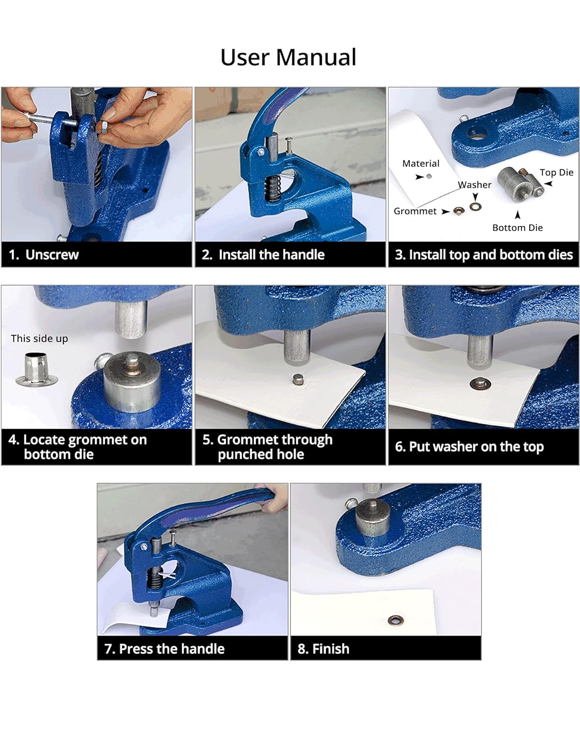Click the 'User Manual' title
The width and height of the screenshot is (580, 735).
coord(289,57)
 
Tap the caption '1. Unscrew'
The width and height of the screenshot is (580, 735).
coord(44,255)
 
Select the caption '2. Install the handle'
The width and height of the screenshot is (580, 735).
coord(263,255)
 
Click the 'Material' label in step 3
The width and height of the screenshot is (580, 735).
coord(420,164)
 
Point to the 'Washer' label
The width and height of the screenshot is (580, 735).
coord(475,185)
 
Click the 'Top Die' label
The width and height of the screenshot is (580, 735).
coord(556,172)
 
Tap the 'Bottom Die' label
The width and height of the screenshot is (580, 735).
coord(517,228)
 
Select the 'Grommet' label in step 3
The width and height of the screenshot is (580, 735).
coord(415,211)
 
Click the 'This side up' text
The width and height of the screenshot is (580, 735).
coord(39,339)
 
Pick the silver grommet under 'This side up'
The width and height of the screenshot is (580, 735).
coord(37,369)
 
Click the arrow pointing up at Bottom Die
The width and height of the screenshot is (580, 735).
coord(518,215)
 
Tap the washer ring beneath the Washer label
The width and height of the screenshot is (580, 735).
coord(476,206)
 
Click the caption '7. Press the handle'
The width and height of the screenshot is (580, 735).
coord(164,649)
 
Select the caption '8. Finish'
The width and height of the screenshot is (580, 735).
coord(323,649)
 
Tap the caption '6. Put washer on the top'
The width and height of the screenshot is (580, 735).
coord(469,447)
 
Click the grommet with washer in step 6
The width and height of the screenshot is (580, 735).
coord(481,384)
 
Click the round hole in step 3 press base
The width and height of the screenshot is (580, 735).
coord(478,133)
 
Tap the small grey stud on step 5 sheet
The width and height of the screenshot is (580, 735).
coord(298,379)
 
